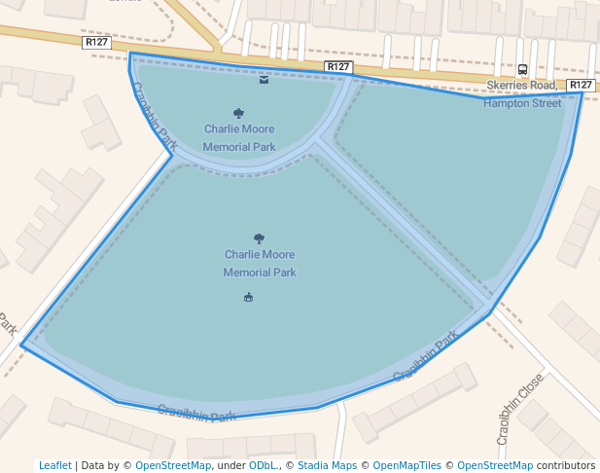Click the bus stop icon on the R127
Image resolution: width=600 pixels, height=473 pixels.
pyautogui.click(x=522, y=69)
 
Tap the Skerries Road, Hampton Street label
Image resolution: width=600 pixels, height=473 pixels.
pyautogui.click(x=523, y=94)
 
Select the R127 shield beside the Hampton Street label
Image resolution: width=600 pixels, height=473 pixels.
pyautogui.click(x=581, y=86)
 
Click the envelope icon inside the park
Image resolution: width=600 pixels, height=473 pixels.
pyautogui.click(x=265, y=80)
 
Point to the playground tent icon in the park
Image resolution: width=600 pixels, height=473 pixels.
pyautogui.click(x=249, y=297)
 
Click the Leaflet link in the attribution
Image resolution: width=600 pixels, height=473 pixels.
pyautogui.click(x=54, y=465)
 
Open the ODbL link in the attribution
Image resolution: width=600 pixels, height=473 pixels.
pyautogui.click(x=263, y=465)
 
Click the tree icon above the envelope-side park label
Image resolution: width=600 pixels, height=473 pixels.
pyautogui.click(x=239, y=113)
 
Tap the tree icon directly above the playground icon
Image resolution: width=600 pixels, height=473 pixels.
pyautogui.click(x=259, y=238)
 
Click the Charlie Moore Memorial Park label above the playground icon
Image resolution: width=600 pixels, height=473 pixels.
pyautogui.click(x=260, y=264)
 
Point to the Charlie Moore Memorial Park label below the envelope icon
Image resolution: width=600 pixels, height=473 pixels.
pyautogui.click(x=239, y=138)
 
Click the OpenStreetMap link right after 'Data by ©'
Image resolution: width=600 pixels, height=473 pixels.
pyautogui.click(x=173, y=465)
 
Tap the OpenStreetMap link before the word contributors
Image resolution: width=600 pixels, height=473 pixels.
pyautogui.click(x=495, y=465)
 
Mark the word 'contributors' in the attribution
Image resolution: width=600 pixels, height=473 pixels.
pyautogui.click(x=566, y=465)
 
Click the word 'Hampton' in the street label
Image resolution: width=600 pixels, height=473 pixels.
pyautogui.click(x=507, y=103)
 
